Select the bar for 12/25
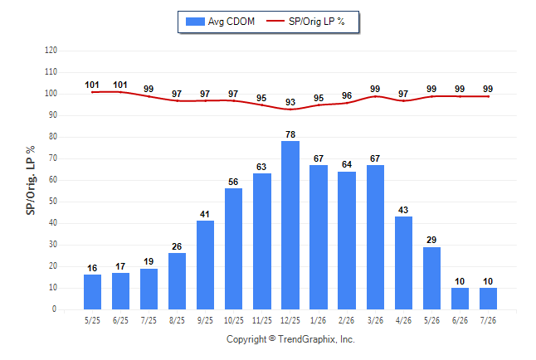click(x=290, y=226)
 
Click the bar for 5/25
click(x=92, y=292)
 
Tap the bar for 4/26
click(x=403, y=263)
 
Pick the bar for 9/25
click(x=205, y=265)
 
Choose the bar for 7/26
click(x=488, y=299)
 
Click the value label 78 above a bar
click(x=290, y=134)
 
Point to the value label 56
click(x=233, y=182)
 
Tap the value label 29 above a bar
click(x=431, y=240)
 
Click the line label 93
click(x=290, y=102)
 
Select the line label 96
click(x=347, y=95)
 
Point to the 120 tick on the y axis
click(x=51, y=51)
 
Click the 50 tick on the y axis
click(x=53, y=202)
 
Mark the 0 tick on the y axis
click(x=55, y=309)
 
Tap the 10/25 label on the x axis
click(x=234, y=321)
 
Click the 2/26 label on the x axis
click(x=346, y=321)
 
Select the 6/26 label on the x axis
click(x=460, y=321)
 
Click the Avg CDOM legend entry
click(x=220, y=22)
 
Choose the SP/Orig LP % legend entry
click(x=305, y=22)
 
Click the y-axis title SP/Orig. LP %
click(x=31, y=181)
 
